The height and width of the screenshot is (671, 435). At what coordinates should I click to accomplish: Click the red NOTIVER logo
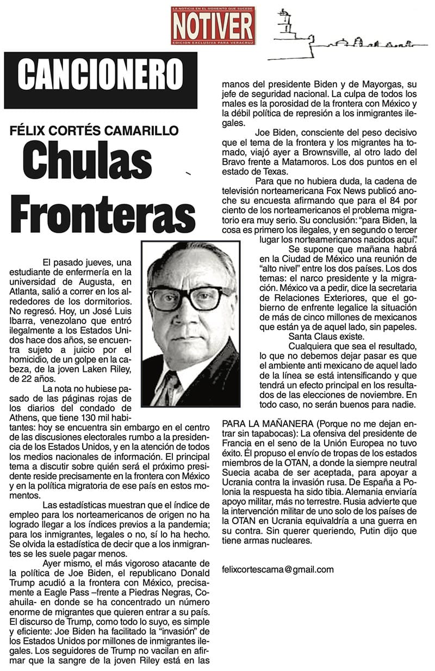click(213, 26)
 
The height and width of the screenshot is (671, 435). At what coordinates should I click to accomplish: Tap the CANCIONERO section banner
click(100, 75)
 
